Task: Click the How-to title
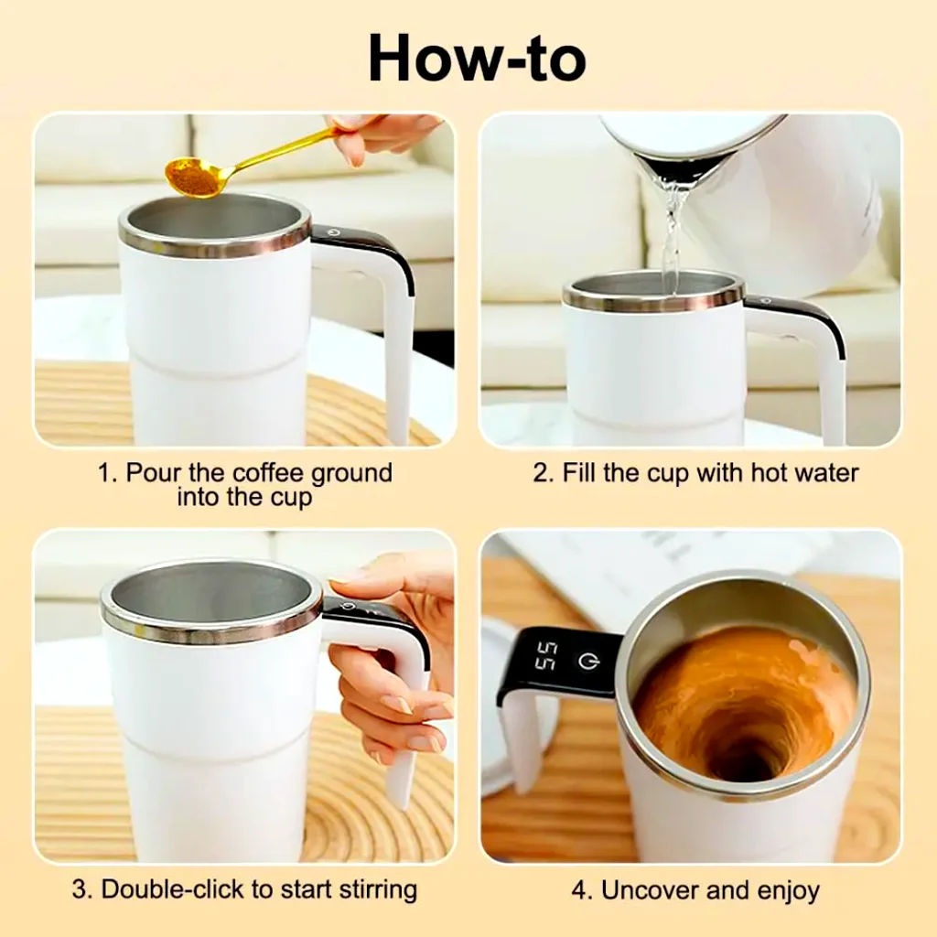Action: click(476, 59)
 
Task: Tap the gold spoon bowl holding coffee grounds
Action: click(195, 176)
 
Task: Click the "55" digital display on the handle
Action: click(546, 655)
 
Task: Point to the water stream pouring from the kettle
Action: click(673, 229)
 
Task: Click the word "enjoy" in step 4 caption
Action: click(788, 890)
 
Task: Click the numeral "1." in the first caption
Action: click(108, 473)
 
